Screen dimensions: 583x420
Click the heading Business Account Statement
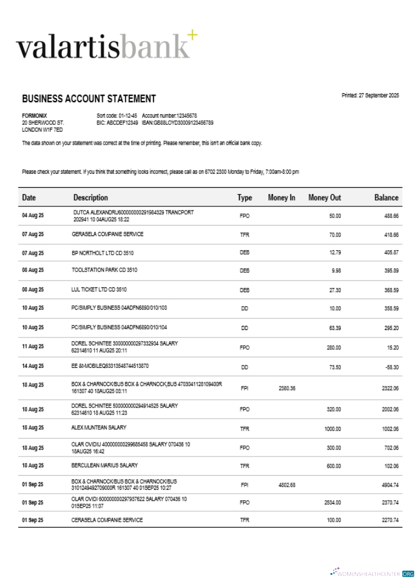89,99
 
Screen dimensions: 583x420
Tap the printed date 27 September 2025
370,96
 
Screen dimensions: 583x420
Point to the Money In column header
281,198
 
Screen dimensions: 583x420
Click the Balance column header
386,198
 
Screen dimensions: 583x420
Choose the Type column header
244,198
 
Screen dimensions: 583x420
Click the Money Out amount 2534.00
332,502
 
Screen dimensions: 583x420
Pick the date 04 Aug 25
33,216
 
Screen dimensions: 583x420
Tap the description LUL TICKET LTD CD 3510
99,289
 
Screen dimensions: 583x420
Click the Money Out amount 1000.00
332,429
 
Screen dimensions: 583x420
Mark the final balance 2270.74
389,520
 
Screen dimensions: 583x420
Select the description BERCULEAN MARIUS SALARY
104,465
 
